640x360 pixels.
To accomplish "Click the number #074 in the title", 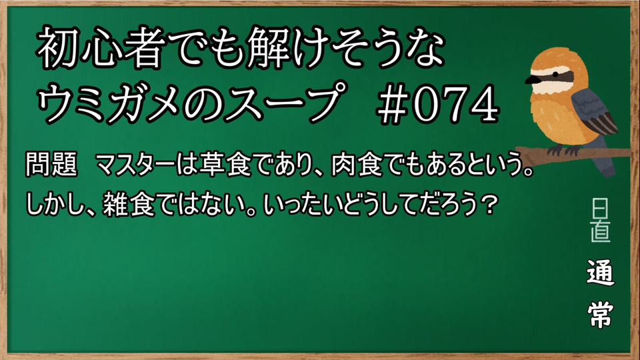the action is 437,103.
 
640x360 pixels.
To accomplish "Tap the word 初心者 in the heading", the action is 98,48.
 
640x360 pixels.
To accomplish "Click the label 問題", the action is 51,165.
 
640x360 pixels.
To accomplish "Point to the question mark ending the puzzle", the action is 488,205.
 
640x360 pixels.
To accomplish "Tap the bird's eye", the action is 556,74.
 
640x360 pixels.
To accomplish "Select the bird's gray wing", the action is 594,112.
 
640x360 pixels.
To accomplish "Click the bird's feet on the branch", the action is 563,149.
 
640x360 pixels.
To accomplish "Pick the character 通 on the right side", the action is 601,272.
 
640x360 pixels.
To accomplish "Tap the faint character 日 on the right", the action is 599,209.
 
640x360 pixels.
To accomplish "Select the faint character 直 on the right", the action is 601,231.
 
